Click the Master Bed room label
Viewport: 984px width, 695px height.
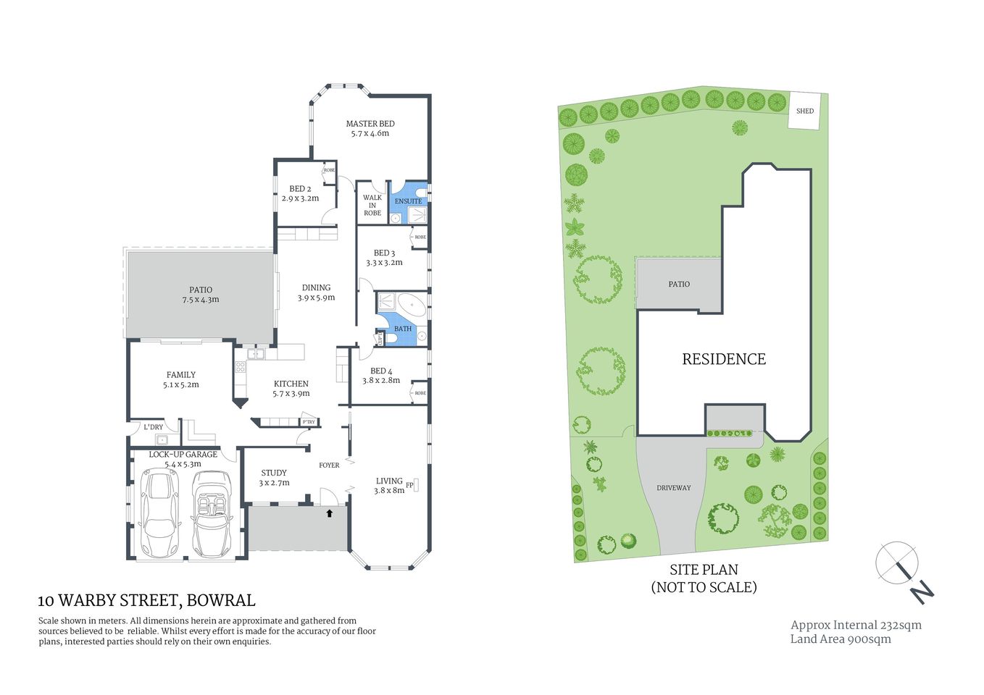pyautogui.click(x=370, y=124)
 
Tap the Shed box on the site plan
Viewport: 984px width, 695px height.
pyautogui.click(x=804, y=111)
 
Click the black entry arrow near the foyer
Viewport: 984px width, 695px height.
pyautogui.click(x=330, y=513)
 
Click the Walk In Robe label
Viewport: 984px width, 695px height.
pyautogui.click(x=372, y=205)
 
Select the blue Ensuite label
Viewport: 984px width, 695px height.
pyautogui.click(x=408, y=201)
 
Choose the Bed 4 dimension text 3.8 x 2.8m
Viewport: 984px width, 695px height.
pyautogui.click(x=381, y=380)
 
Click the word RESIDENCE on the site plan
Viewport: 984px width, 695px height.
pyautogui.click(x=723, y=359)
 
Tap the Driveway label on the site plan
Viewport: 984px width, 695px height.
pyautogui.click(x=674, y=488)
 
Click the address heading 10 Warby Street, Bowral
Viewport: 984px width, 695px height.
pyautogui.click(x=146, y=600)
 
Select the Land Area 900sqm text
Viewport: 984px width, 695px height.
pyautogui.click(x=841, y=639)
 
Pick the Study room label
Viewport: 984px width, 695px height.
pyautogui.click(x=274, y=473)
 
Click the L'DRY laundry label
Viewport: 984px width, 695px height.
pyautogui.click(x=154, y=427)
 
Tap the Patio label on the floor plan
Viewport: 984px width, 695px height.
pyautogui.click(x=201, y=290)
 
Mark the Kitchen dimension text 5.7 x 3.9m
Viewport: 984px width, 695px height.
pyautogui.click(x=291, y=394)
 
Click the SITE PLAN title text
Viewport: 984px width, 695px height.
pyautogui.click(x=704, y=570)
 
